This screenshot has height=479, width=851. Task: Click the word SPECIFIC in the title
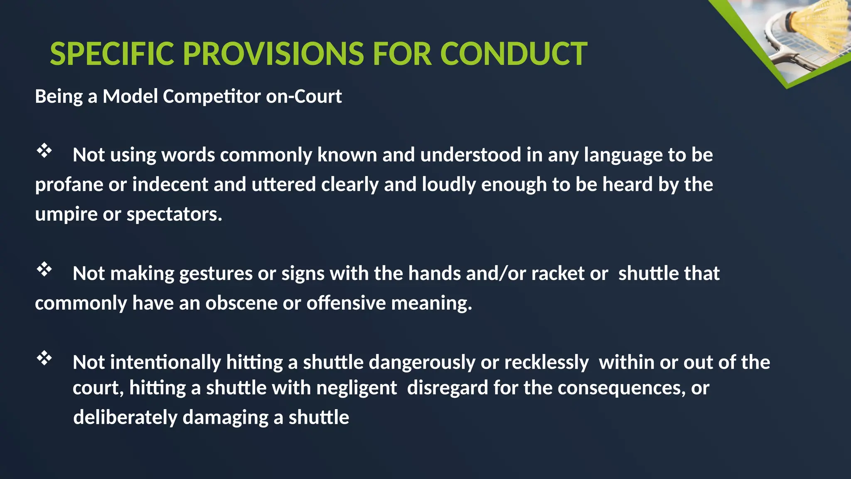point(112,54)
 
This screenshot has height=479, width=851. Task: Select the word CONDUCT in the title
point(513,54)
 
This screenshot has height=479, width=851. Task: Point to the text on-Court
point(304,96)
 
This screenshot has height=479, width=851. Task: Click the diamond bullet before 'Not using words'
point(44,151)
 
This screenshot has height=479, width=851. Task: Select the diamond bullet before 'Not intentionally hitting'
point(44,358)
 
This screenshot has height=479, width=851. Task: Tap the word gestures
point(216,274)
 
